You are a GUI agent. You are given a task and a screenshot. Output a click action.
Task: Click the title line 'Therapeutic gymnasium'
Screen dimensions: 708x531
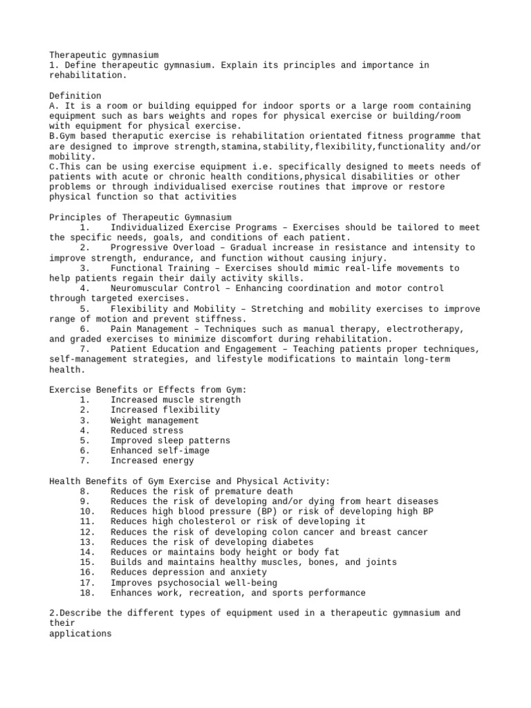point(104,55)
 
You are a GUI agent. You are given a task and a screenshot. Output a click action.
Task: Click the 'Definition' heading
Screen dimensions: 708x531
point(75,95)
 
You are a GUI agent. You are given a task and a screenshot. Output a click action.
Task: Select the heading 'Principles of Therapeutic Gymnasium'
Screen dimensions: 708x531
point(140,217)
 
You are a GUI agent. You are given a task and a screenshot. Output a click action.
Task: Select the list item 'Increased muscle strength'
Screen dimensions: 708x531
point(176,400)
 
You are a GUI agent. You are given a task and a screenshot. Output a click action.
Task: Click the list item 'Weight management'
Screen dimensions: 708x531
point(154,420)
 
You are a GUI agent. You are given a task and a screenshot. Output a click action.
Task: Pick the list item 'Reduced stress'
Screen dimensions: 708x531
point(146,430)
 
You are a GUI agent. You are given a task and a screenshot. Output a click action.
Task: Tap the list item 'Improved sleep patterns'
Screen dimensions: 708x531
point(170,440)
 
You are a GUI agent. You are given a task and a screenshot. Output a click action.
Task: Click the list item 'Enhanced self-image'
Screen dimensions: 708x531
point(160,451)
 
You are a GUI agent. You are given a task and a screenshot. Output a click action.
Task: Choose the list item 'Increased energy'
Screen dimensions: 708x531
point(152,460)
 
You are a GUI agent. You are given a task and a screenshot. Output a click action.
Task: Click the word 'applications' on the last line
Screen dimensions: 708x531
point(80,633)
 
